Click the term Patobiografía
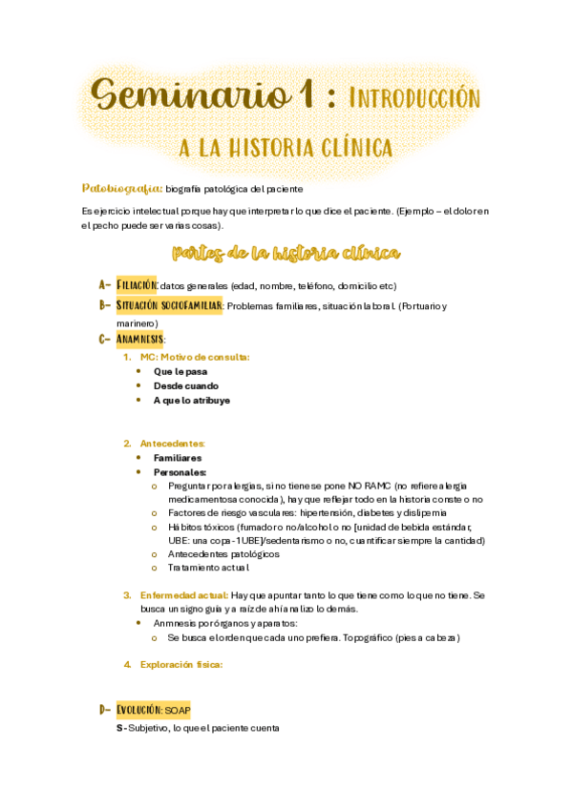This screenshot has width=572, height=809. pos(122,188)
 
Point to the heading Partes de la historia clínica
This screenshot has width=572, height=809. pos(286,253)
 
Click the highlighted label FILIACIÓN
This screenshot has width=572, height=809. pos(137,285)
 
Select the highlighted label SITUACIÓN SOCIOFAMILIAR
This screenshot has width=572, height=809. pos(169,306)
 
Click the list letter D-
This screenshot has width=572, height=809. pos(105,710)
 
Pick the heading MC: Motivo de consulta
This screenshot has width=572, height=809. pos(194,356)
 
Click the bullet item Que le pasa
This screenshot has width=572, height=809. pos(180,371)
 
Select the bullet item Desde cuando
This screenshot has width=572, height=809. pos(185,385)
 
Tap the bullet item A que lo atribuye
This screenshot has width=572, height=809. pos(191,401)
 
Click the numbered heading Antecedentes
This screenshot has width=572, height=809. pos(173,444)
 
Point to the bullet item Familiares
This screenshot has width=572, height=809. pos(177,458)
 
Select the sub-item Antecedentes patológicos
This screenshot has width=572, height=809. pos(223,554)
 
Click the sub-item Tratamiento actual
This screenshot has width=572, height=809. pos(207,569)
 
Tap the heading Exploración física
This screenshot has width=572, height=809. pos(180,665)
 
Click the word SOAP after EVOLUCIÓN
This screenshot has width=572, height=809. pos(179,711)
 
